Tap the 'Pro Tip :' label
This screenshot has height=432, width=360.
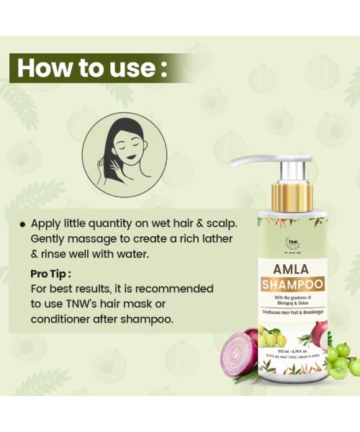(51, 274)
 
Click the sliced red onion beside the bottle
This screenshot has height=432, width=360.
(240, 351)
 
